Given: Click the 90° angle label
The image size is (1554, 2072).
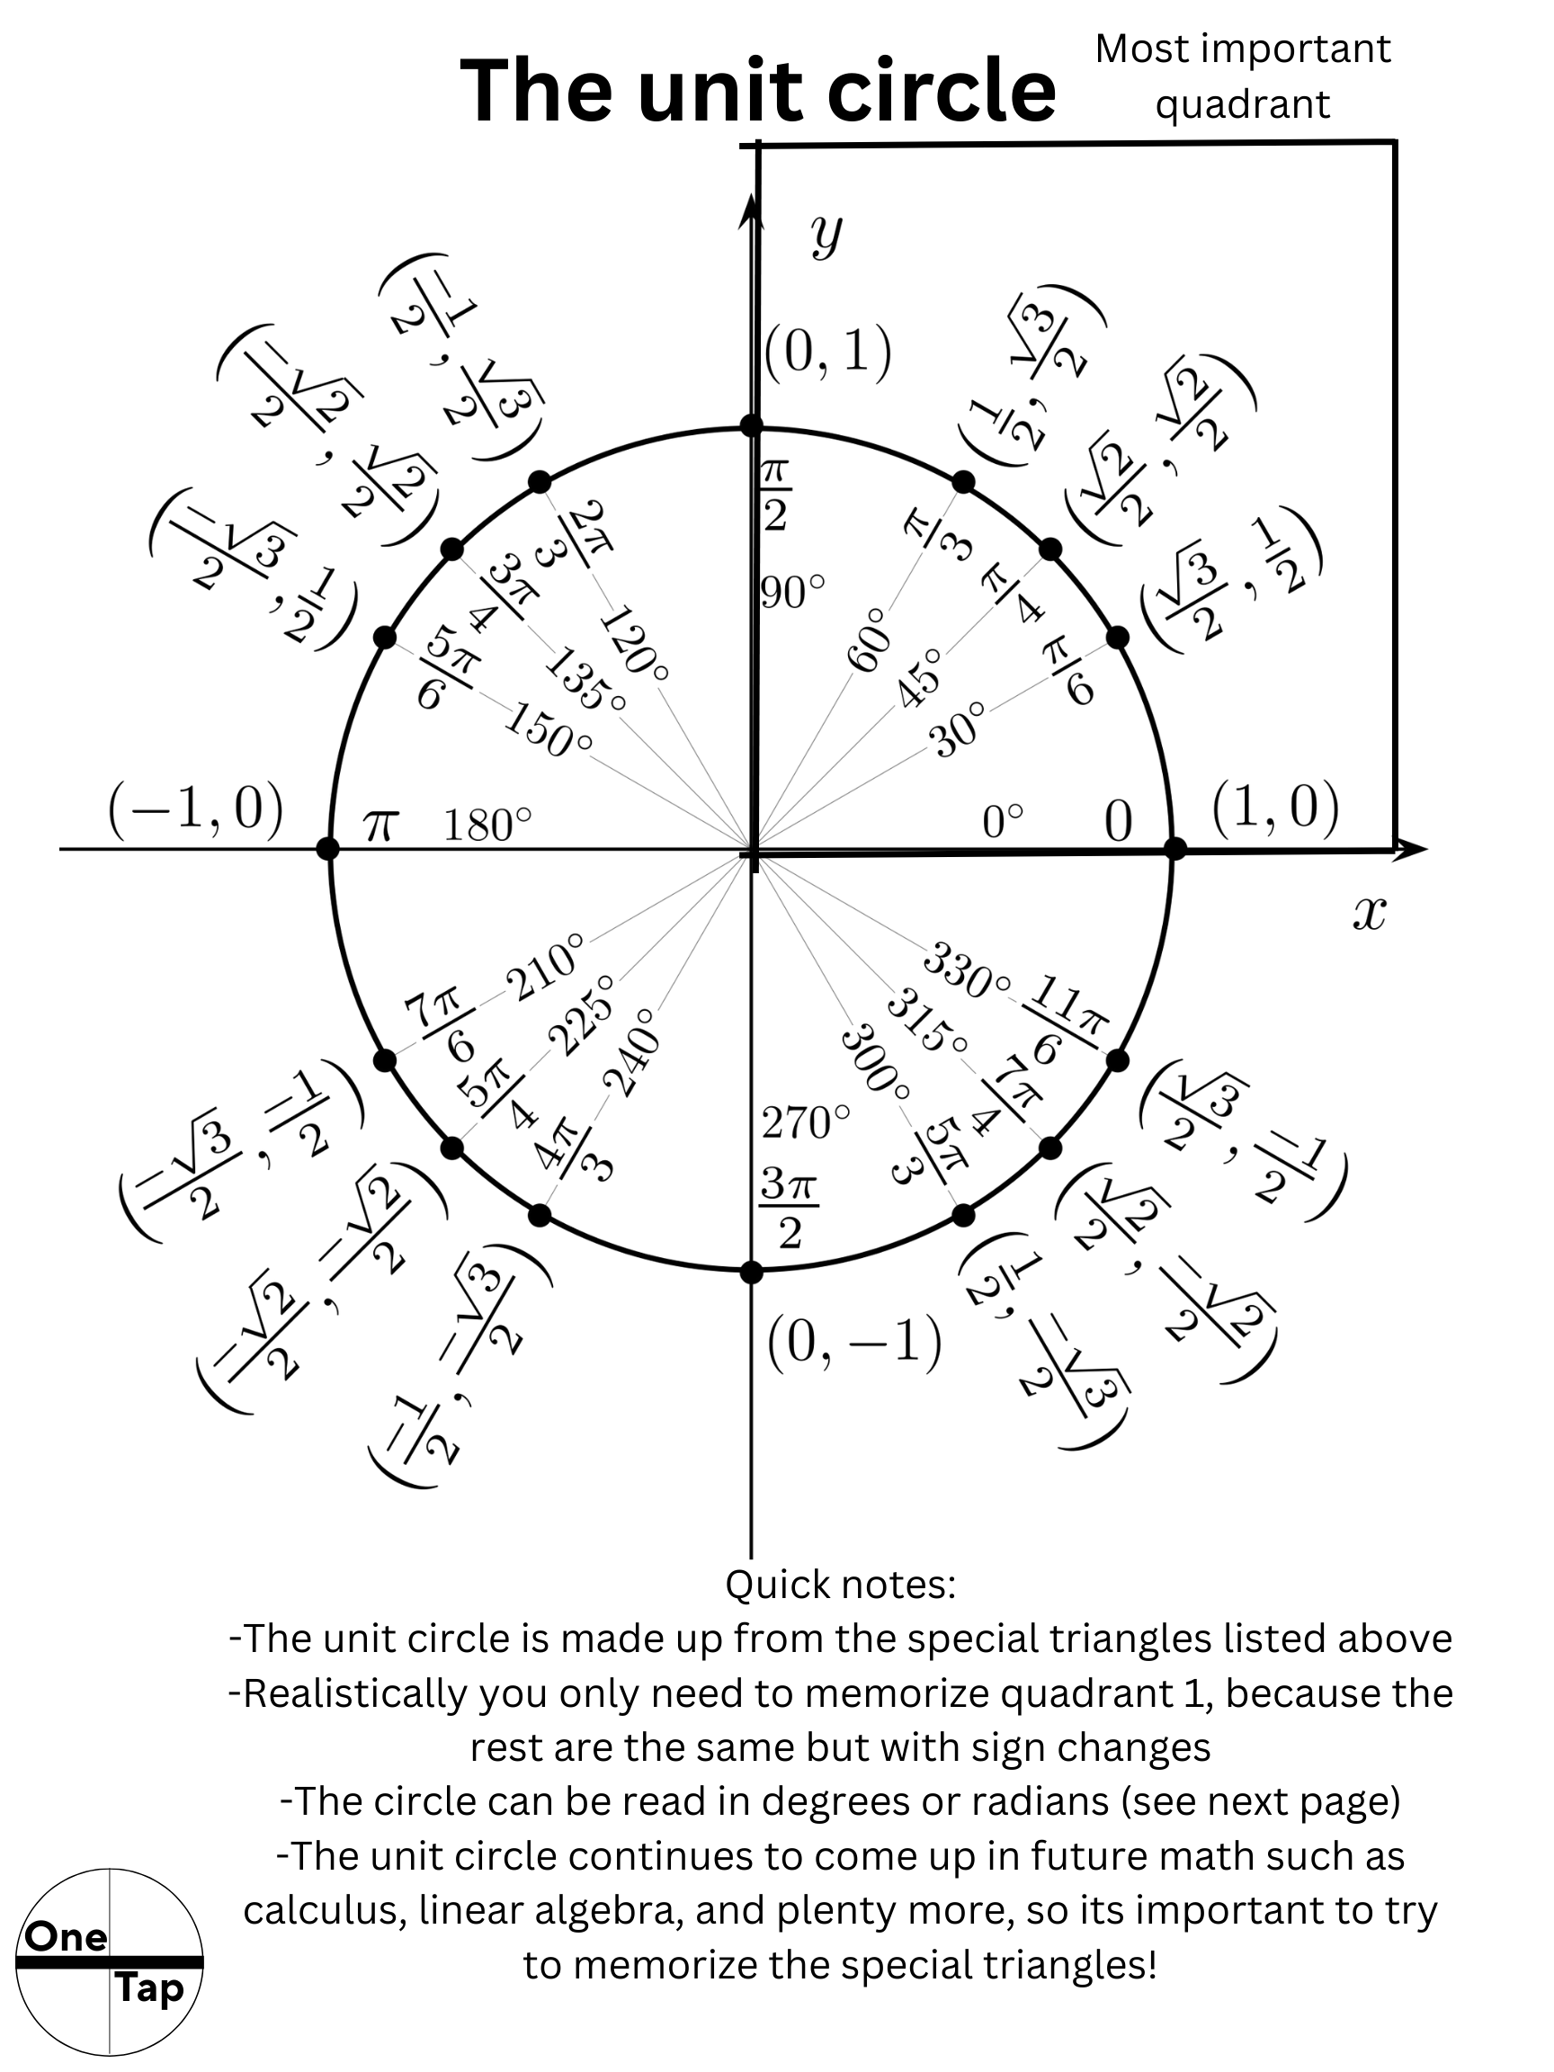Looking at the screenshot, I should tap(792, 592).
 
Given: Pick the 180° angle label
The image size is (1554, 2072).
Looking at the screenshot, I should tap(487, 826).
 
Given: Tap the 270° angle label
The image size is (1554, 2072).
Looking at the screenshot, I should tap(806, 1122).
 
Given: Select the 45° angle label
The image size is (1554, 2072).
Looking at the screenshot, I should tap(919, 676).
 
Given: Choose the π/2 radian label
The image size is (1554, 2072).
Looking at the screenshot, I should tap(774, 494).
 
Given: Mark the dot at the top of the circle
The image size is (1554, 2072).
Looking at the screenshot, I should tap(751, 426).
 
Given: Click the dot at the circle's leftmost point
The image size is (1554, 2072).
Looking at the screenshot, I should tap(328, 849).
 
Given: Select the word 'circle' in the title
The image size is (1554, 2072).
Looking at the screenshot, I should tap(941, 91).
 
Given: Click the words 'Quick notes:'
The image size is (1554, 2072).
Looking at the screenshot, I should tap(840, 1585).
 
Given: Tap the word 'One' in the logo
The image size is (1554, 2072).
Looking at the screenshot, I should tap(66, 1936).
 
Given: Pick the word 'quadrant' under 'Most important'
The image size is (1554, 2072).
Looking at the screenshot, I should tap(1242, 104).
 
